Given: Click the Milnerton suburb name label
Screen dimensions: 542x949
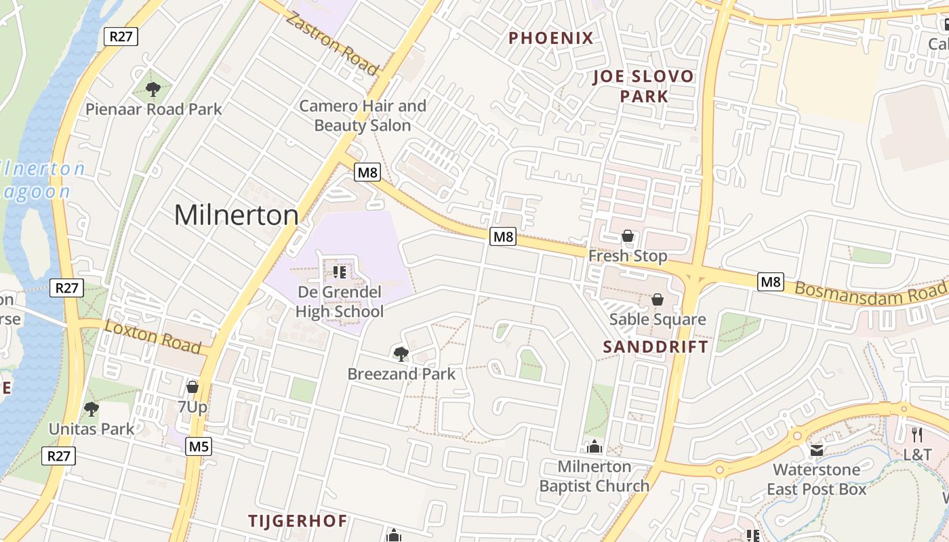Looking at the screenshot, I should [236, 215].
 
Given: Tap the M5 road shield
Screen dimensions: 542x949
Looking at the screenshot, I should [199, 446].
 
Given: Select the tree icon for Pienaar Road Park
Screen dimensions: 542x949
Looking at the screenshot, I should [153, 89].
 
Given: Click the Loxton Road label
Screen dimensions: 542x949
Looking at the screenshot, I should [153, 337].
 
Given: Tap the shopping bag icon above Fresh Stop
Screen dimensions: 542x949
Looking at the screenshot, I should [628, 236].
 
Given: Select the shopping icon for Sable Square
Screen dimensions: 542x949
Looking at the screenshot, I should [658, 299].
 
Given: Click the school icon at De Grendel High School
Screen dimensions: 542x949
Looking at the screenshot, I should [340, 272].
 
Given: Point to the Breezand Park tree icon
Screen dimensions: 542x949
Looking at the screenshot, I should [401, 354].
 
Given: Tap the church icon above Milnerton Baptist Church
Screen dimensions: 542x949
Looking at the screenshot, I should [594, 446].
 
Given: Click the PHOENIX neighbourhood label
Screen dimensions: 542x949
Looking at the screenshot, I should [551, 38].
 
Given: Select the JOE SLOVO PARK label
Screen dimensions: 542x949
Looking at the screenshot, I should [643, 86].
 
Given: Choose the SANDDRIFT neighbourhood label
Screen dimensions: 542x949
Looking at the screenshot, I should [655, 347].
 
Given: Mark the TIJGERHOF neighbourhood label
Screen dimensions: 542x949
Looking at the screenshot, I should [298, 521].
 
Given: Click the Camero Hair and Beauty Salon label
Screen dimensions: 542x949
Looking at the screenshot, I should [363, 116].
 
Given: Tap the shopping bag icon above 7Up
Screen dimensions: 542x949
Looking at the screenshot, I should [193, 387].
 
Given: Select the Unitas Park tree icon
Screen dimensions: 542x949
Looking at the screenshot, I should [92, 409].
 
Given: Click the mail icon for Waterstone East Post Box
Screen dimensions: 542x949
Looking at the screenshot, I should [816, 450].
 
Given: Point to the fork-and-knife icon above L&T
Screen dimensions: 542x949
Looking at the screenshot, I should [917, 434].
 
